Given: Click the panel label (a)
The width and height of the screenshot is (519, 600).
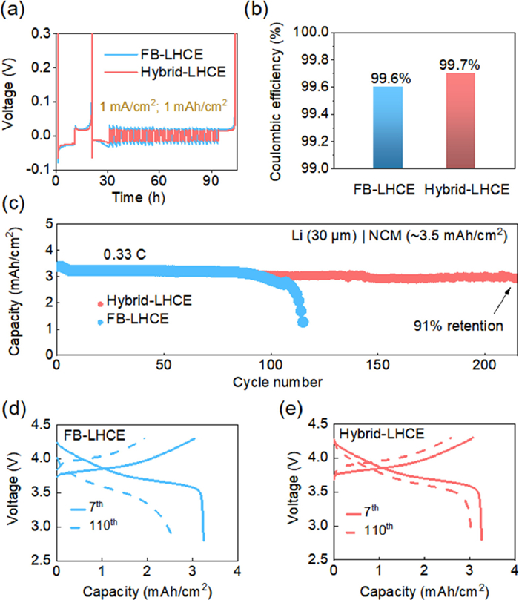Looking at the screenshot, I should click(15, 10).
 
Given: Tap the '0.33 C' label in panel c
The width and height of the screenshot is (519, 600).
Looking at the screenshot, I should click(122, 254).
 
